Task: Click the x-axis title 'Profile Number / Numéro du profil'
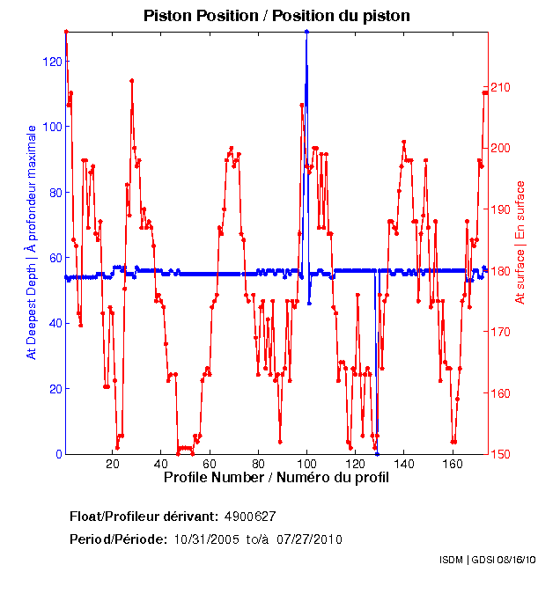(276, 479)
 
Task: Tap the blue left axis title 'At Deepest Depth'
(33, 242)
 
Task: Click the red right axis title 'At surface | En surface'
(520, 242)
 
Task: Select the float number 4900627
(251, 516)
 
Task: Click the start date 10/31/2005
(207, 539)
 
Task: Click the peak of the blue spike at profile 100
(306, 32)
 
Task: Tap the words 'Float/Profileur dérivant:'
(144, 516)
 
